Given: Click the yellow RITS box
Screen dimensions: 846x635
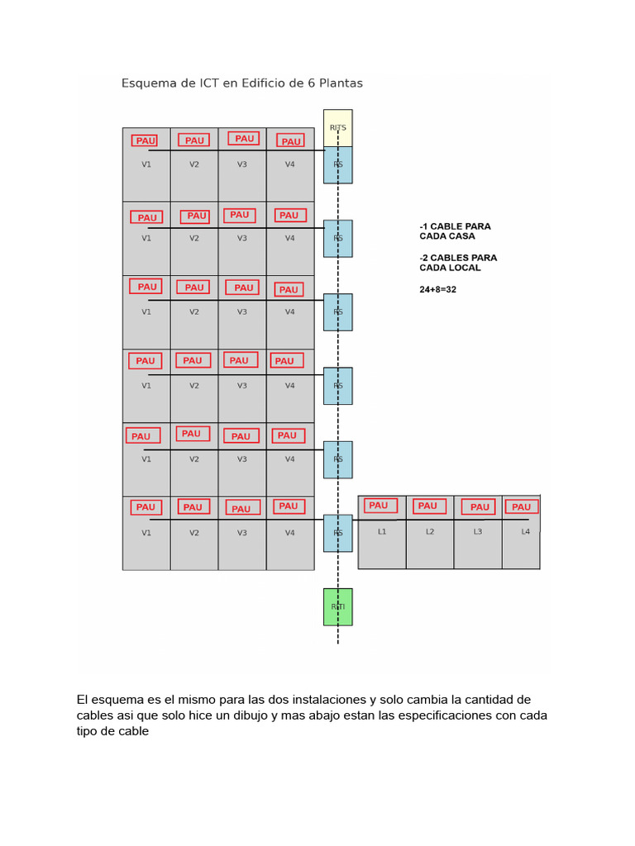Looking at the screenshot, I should [337, 127].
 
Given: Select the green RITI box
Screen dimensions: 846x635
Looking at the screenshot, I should [337, 606].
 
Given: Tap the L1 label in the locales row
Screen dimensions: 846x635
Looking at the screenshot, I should [382, 532].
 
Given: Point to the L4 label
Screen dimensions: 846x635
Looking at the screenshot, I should [526, 532].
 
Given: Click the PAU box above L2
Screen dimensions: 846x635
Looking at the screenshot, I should [427, 506].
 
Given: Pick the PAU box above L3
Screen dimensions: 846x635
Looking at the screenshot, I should [480, 507].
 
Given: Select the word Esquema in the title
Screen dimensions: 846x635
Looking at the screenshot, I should [147, 83].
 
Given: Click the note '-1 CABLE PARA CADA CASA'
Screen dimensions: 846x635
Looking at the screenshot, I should [455, 231].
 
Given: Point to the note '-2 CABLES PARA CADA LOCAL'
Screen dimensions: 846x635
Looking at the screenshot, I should [458, 263].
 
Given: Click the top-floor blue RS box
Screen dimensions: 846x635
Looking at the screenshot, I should [337, 164].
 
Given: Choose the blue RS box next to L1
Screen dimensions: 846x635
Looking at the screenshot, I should [337, 533].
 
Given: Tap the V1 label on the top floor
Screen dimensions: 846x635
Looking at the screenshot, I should [146, 164].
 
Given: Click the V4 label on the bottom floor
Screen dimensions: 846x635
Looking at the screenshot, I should [289, 533].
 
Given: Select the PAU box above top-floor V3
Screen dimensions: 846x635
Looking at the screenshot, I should [244, 139].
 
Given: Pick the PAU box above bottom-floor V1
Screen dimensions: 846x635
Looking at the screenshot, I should [146, 507].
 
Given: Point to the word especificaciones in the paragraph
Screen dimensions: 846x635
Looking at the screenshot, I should [433, 715].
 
